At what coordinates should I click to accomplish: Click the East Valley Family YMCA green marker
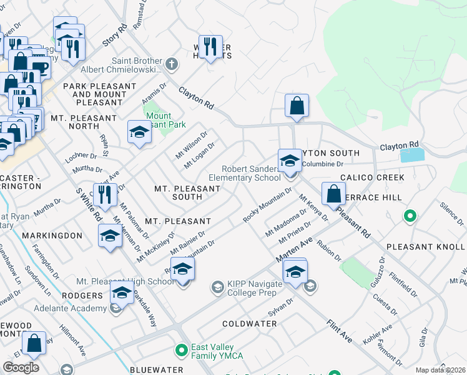coord(182,349)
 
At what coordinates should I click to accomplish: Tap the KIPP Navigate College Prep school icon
coord(217,287)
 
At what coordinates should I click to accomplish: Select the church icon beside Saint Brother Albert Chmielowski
coord(172,64)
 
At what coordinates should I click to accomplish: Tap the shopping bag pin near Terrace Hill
coord(333,194)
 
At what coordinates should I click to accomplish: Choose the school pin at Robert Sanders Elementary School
coord(289,162)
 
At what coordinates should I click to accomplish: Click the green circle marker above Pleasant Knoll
coord(410,217)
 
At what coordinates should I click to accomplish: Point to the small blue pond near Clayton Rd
coord(411,155)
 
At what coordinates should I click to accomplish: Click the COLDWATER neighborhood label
coord(250,324)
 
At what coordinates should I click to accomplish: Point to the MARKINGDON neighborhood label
coord(52,236)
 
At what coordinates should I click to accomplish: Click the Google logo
coord(21,367)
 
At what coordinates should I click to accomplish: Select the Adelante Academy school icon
coord(115,307)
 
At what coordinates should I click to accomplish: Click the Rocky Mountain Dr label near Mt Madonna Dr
coord(267,205)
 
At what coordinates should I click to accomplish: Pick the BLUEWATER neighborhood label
coord(156,370)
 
